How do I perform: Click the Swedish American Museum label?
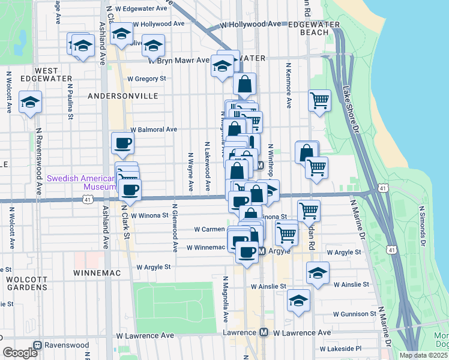(80, 182)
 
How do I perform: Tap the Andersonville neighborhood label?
(122, 96)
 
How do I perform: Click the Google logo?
(20, 353)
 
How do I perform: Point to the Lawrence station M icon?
(264, 332)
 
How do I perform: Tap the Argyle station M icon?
(262, 252)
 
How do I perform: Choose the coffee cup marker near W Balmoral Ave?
(123, 143)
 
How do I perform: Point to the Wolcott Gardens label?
(26, 283)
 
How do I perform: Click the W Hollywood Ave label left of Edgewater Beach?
(250, 25)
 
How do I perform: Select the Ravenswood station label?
(62, 346)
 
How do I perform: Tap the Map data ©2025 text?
(423, 355)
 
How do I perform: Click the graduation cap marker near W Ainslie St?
(318, 272)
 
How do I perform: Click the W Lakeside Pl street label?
(340, 349)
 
